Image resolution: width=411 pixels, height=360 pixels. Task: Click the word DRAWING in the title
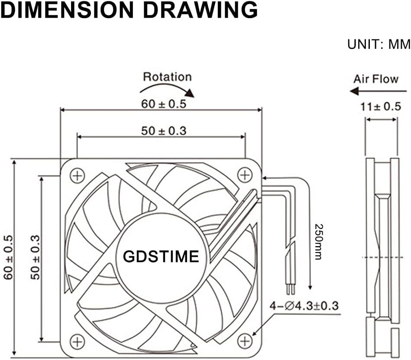[x=201, y=10]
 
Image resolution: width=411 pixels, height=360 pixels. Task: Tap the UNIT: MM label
[x=379, y=44]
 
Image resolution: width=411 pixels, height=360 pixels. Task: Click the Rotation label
[x=167, y=77]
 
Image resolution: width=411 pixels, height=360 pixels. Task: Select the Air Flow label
[x=376, y=79]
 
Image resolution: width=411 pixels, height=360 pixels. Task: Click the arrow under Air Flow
[x=378, y=91]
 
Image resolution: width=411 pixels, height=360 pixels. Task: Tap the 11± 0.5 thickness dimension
[x=381, y=107]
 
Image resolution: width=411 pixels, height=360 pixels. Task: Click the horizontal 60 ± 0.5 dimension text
[x=164, y=104]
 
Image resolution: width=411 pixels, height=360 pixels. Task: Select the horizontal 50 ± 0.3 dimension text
[x=164, y=131]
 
